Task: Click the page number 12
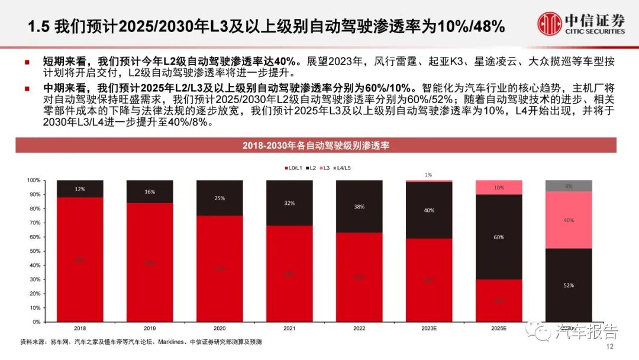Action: click(611, 347)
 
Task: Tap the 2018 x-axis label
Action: click(79, 327)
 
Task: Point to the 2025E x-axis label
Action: click(499, 327)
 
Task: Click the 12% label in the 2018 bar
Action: click(80, 189)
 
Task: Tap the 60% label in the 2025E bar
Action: click(499, 237)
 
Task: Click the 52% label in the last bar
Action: click(569, 285)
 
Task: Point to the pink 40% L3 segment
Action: click(569, 220)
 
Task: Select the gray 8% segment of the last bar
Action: click(569, 186)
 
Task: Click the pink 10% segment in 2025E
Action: click(499, 187)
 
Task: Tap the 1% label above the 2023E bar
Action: click(428, 175)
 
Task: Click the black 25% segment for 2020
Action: click(220, 198)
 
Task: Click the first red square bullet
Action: click(27, 61)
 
